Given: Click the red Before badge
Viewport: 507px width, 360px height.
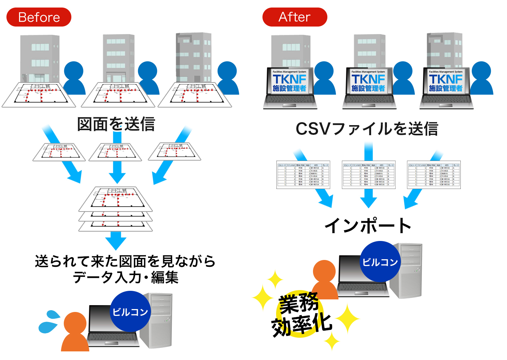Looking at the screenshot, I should [x=39, y=17].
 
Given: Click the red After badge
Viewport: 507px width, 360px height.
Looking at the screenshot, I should [x=294, y=17].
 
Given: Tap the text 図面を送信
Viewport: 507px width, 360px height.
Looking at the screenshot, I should [x=116, y=124].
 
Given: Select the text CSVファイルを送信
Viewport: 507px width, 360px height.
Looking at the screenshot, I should [x=366, y=129].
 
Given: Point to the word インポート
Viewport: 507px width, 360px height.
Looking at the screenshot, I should [x=368, y=226].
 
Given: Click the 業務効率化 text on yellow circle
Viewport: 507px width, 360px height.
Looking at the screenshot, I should [x=300, y=315].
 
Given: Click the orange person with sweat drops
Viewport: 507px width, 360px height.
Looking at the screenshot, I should [x=75, y=332].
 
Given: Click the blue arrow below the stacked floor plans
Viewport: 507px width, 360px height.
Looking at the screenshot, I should [x=115, y=240].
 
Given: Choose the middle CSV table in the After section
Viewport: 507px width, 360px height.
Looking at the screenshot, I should [x=369, y=175].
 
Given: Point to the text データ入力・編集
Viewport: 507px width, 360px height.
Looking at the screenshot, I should [x=125, y=278].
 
